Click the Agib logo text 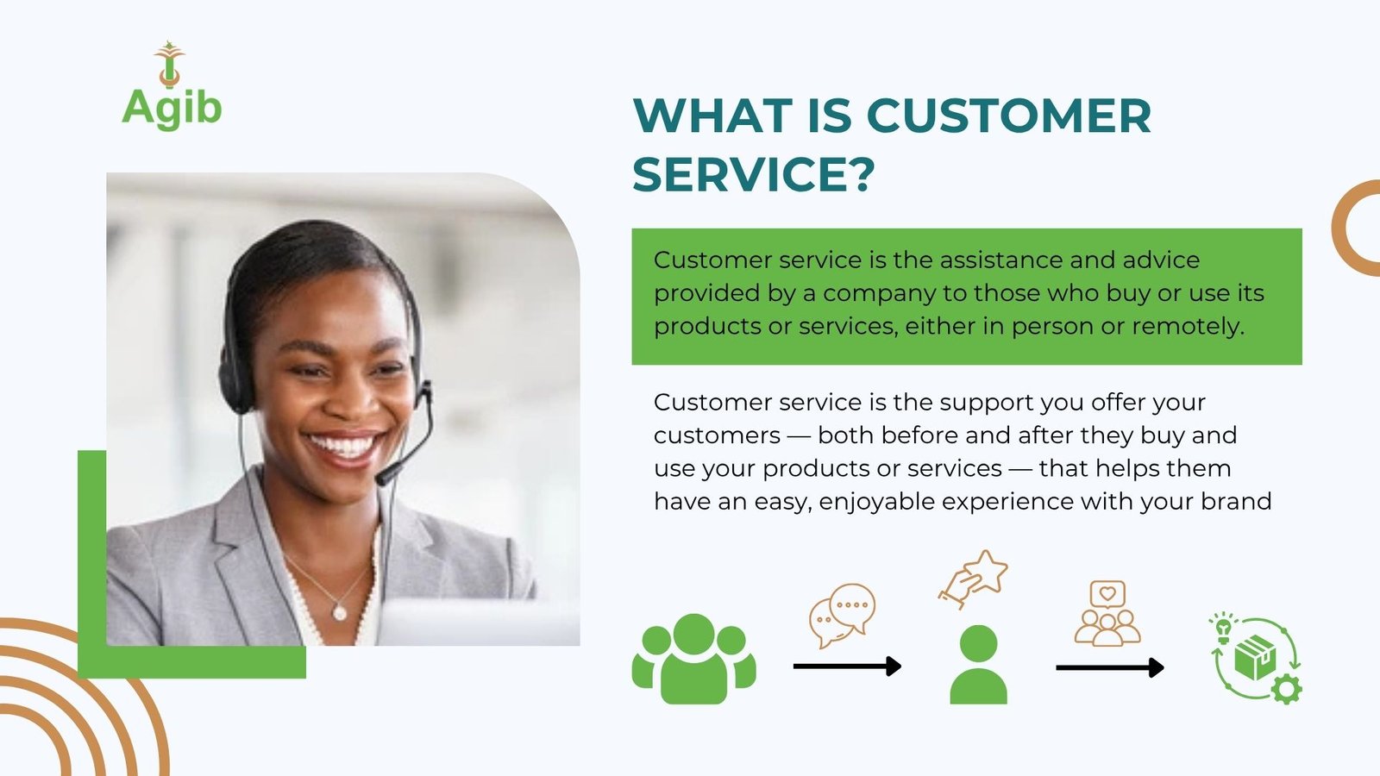172,108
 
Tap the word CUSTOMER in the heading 1009,116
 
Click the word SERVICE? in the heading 754,174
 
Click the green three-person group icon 693,659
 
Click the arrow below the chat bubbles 848,666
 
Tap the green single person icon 978,665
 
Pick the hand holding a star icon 974,579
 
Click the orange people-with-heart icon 1107,613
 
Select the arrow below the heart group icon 1110,667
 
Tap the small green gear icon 1286,690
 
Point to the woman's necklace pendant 340,612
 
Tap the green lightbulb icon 1223,629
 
